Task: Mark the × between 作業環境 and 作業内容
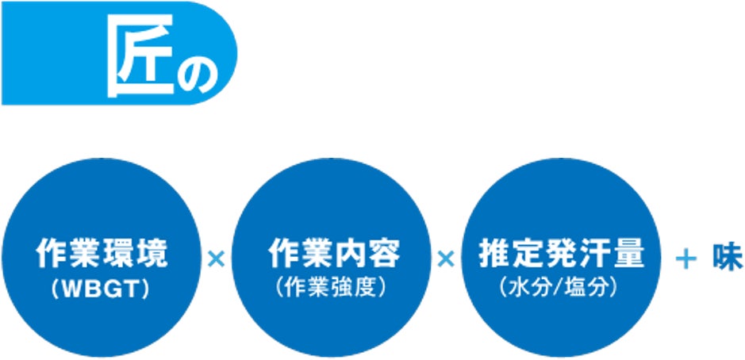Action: click(x=215, y=258)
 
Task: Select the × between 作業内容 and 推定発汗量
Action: click(x=445, y=258)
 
